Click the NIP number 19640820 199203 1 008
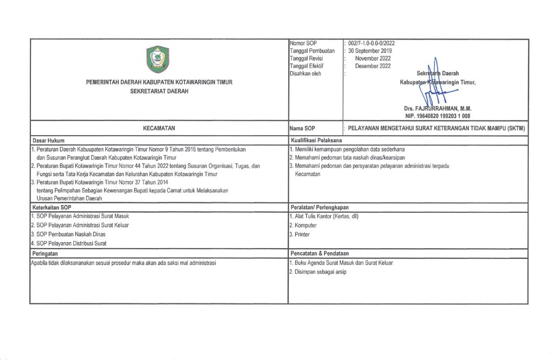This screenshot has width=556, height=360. click(438, 116)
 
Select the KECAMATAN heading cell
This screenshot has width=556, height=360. click(159, 129)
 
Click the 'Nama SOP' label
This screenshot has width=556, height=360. click(302, 129)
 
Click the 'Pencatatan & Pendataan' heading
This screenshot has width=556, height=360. click(320, 254)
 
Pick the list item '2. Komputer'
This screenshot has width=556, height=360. click(303, 225)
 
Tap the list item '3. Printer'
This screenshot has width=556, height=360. click(300, 234)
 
